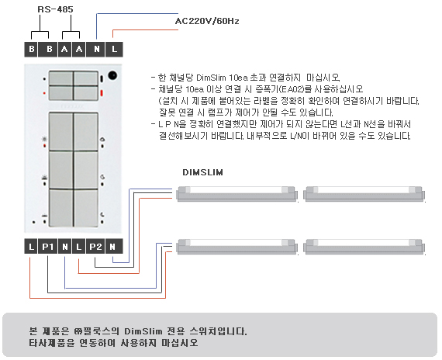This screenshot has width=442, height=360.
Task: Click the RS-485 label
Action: pos(55,9)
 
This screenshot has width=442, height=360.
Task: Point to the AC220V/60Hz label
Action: pos(207,21)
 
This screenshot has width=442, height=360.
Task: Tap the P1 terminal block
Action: pos(47,247)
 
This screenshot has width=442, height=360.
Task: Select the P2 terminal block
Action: pos(95,247)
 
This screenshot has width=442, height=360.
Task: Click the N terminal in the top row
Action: pos(95,50)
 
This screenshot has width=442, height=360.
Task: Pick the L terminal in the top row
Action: pos(114,50)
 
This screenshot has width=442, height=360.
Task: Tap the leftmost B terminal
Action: pos(31,50)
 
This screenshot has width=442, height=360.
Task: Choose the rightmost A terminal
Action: pos(79,50)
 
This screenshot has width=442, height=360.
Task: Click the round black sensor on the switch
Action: pos(112,75)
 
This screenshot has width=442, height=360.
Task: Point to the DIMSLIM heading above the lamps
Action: pos(202,172)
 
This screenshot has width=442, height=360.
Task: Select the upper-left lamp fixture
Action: pos(237,194)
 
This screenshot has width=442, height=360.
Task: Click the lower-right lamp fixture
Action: pos(364,247)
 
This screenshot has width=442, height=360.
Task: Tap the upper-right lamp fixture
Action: pos(364,194)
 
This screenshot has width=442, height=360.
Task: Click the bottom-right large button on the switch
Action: pos(86,208)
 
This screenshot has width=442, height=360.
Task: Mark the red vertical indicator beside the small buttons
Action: pos(102,93)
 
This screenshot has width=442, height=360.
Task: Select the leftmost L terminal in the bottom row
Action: pos(31,247)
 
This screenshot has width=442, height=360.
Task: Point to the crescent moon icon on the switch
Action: pos(102,215)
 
